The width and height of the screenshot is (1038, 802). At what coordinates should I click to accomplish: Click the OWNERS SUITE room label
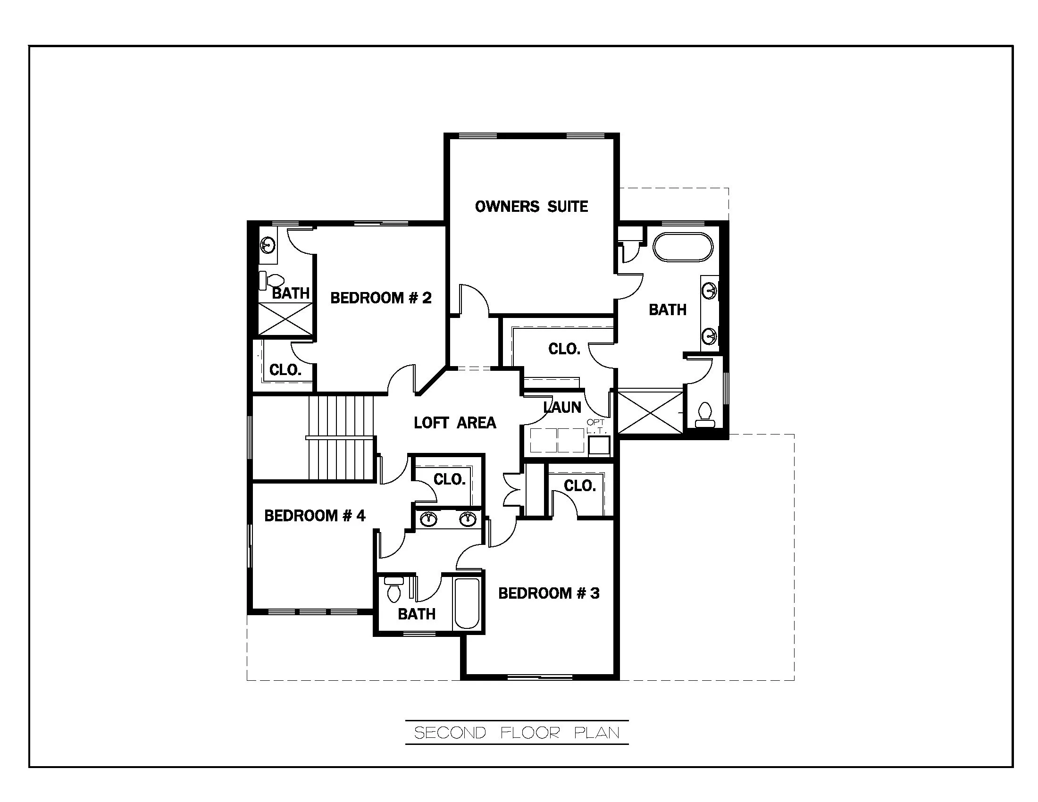[x=531, y=207]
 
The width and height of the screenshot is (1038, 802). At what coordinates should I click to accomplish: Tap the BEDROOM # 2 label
[x=381, y=298]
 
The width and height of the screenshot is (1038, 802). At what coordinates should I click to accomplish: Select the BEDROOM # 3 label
[x=548, y=593]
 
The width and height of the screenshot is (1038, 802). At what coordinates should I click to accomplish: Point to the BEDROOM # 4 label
[x=315, y=516]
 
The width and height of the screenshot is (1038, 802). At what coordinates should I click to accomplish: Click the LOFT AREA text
[x=455, y=422]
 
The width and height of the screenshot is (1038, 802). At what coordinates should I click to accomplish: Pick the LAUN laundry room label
[x=562, y=407]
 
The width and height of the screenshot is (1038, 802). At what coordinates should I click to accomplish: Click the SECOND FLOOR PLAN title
[x=517, y=733]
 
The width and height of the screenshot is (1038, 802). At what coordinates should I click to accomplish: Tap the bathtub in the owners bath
[x=683, y=247]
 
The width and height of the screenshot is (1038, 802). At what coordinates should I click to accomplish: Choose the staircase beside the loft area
[x=340, y=437]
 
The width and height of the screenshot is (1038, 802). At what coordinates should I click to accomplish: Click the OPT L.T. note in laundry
[x=595, y=426]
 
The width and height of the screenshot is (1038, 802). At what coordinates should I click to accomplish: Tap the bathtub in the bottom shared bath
[x=467, y=603]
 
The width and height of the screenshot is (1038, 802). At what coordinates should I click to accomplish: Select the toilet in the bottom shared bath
[x=394, y=590]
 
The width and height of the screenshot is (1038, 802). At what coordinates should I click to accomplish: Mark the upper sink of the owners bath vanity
[x=709, y=290]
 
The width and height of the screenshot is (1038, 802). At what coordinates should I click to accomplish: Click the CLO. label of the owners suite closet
[x=564, y=349]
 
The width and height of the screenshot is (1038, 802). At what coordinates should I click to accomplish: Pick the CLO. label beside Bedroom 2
[x=285, y=370]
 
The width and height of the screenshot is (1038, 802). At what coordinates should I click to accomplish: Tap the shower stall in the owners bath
[x=650, y=412]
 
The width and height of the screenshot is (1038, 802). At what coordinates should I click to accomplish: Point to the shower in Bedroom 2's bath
[x=285, y=319]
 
